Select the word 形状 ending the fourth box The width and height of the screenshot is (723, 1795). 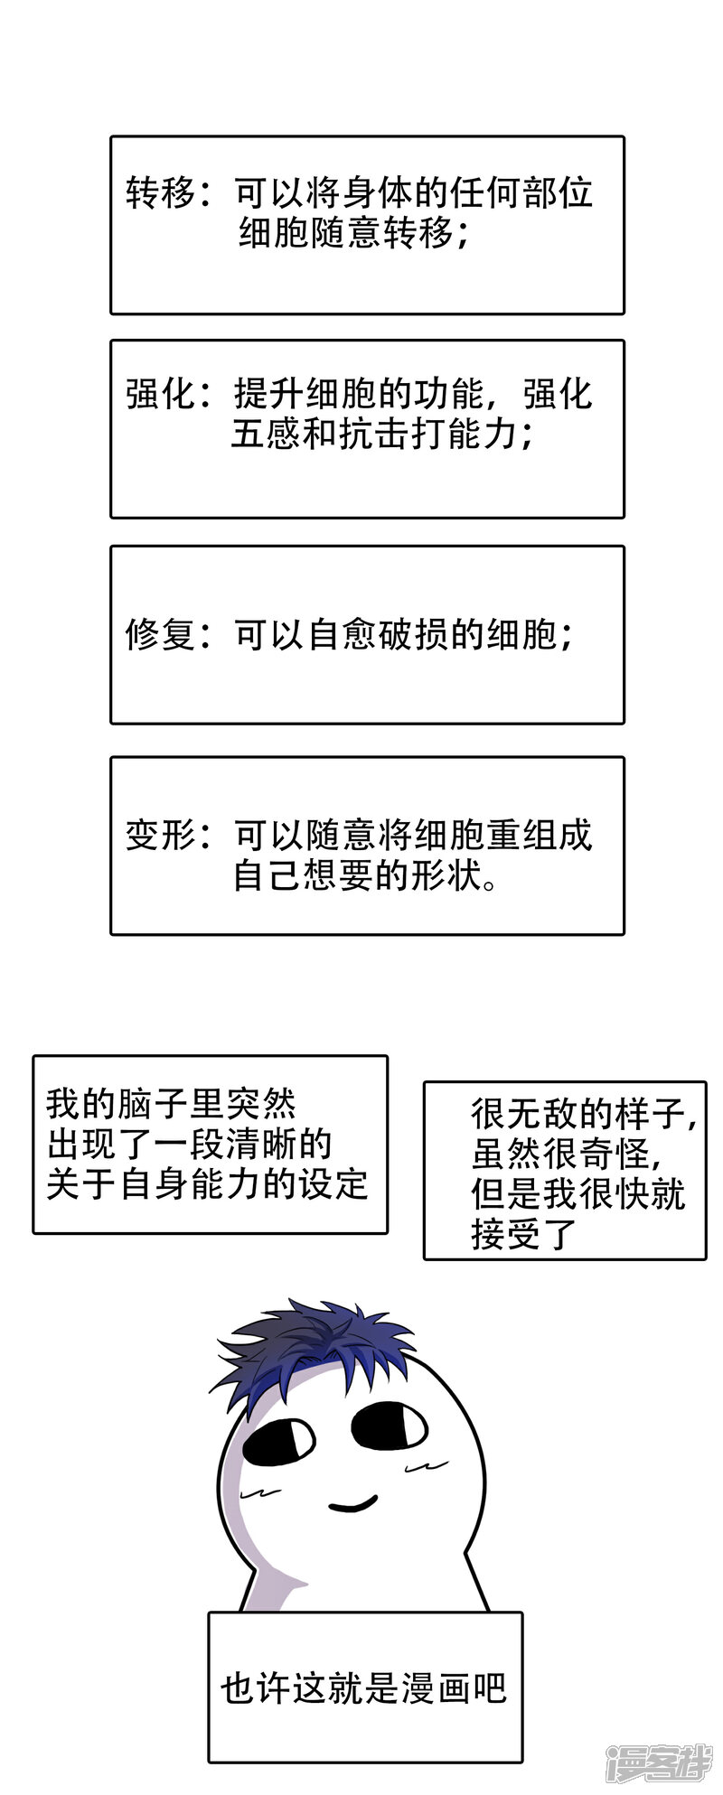(448, 875)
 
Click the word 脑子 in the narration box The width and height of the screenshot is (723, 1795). (152, 1104)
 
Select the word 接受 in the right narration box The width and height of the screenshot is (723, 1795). (506, 1234)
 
